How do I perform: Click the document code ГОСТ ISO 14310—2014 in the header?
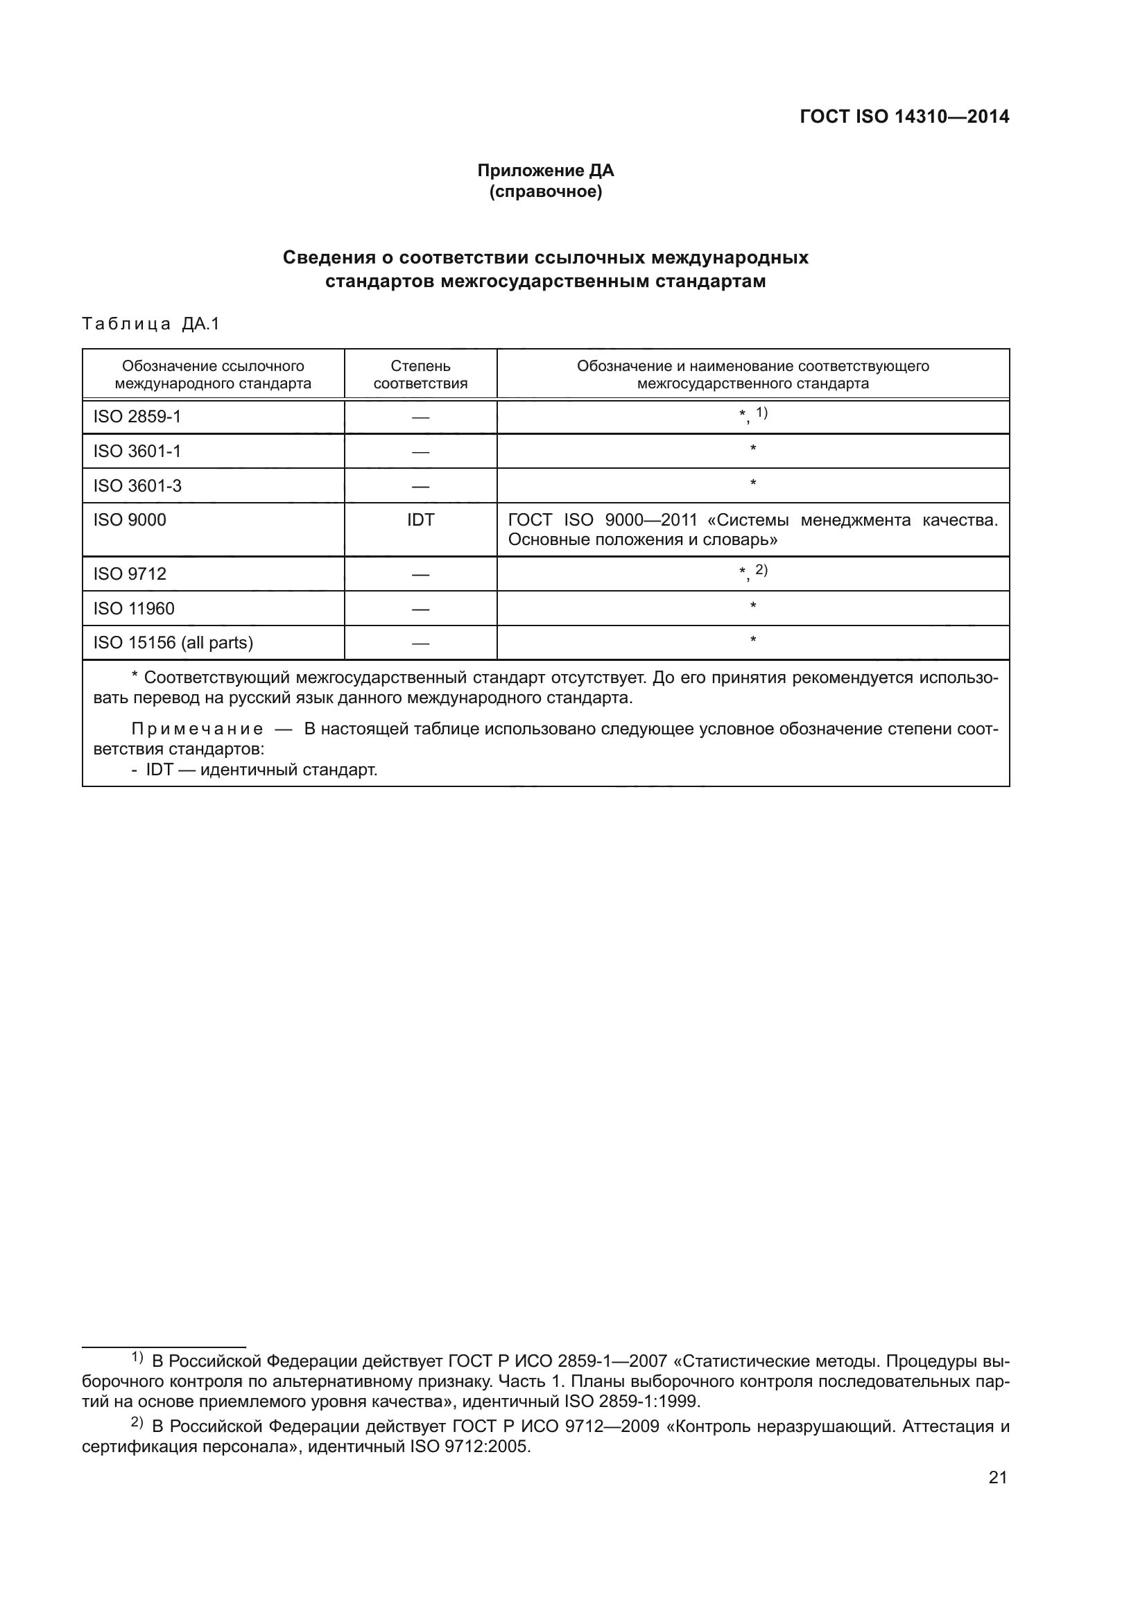point(904,117)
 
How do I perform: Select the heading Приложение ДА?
point(545,171)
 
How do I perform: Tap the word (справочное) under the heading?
point(545,192)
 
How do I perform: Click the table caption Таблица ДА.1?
point(151,325)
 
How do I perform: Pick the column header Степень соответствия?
point(420,374)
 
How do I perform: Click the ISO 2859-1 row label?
point(137,417)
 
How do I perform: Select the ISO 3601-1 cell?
point(137,451)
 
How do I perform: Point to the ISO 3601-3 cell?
point(137,485)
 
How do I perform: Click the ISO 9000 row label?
point(130,520)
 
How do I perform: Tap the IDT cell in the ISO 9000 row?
point(420,520)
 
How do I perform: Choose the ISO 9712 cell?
point(130,573)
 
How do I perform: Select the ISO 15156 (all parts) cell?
point(173,643)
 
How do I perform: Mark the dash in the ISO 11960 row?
point(420,609)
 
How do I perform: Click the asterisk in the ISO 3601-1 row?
point(753,449)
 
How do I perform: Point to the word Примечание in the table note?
point(197,729)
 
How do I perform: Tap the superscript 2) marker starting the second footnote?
point(137,1422)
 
